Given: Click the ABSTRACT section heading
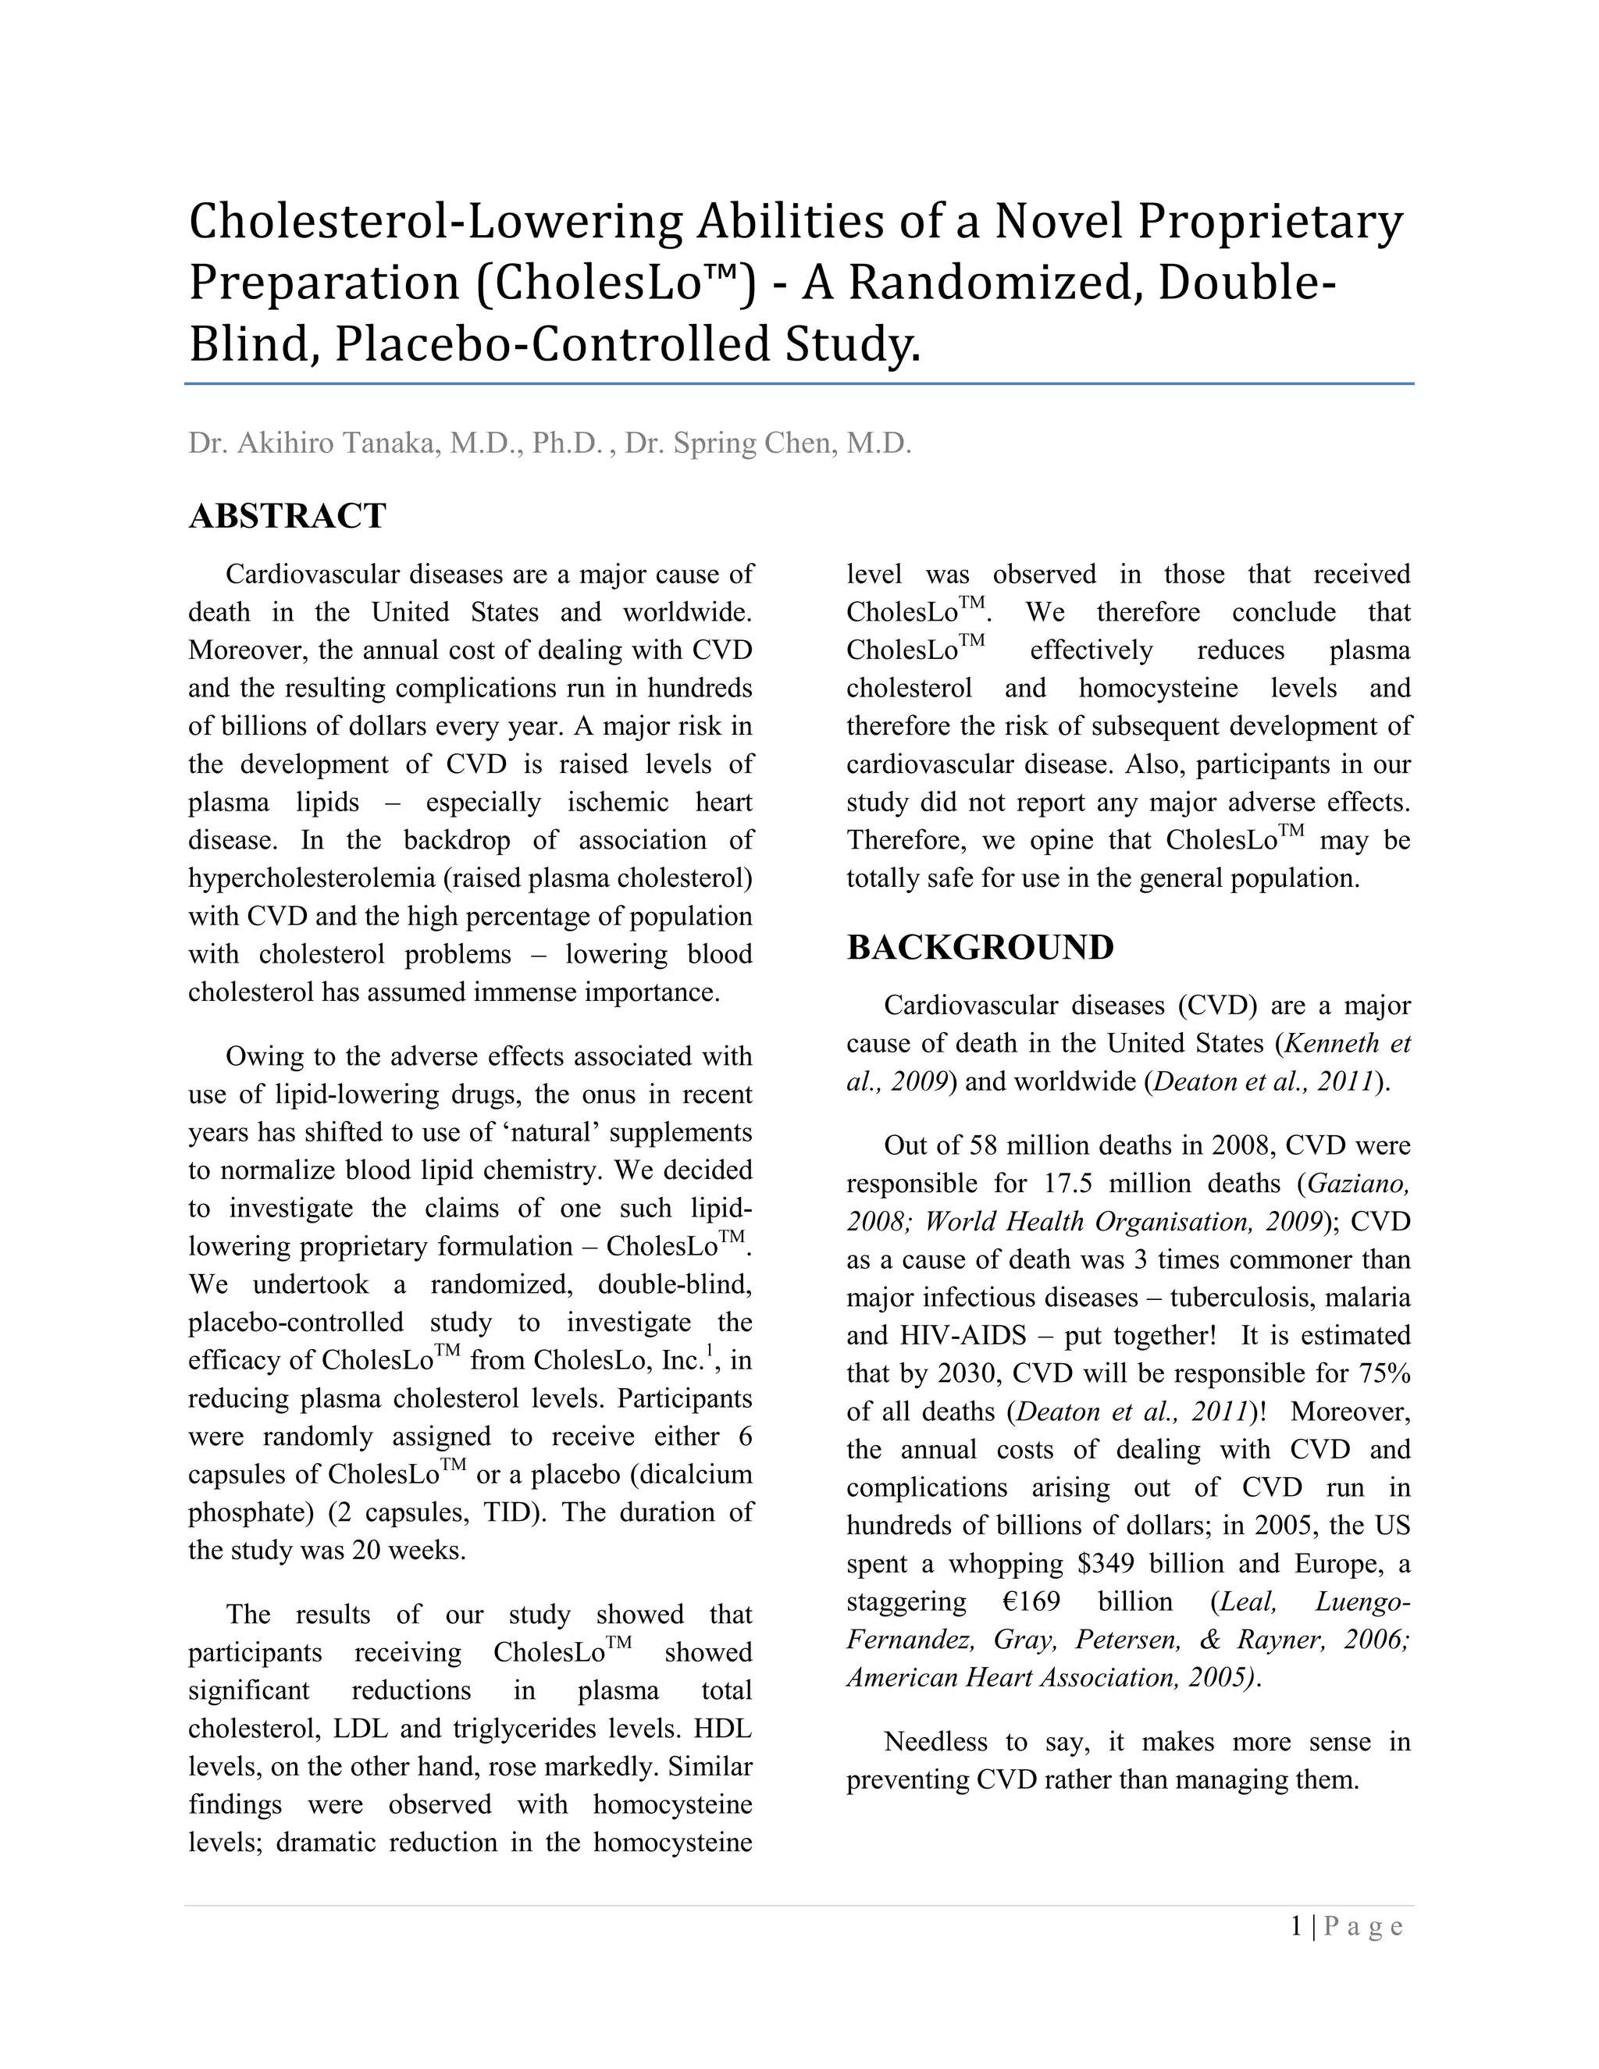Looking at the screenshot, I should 287,516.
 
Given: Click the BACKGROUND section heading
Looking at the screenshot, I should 980,947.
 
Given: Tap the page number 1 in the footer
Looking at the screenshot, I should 1296,1926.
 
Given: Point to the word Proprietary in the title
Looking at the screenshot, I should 1270,221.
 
